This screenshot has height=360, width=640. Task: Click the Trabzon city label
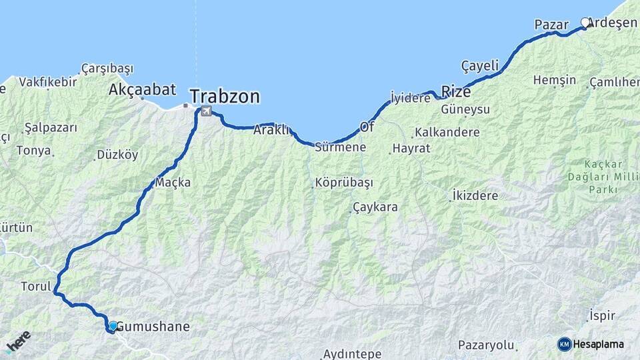pos(225,97)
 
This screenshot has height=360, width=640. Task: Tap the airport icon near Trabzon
pos(206,111)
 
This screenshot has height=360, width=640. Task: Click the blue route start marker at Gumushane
pos(113,326)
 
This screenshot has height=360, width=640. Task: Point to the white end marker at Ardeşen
pos(585,23)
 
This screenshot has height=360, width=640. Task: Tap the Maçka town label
pos(173,182)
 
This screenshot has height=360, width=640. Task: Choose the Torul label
pos(36,287)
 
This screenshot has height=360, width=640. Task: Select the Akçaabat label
pos(142,89)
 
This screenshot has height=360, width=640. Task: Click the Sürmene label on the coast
pos(341,147)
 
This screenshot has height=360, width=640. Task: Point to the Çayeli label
pos(480,65)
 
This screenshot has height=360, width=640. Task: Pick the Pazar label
pos(551,25)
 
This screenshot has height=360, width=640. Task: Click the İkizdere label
pos(475,196)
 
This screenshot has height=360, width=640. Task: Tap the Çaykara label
pos(375,207)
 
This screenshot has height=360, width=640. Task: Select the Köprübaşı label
pos(344,183)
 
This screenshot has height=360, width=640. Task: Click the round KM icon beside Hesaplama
pos(564,344)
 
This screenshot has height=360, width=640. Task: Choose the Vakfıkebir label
pos(47,82)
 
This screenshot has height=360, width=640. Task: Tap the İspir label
pos(602,315)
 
